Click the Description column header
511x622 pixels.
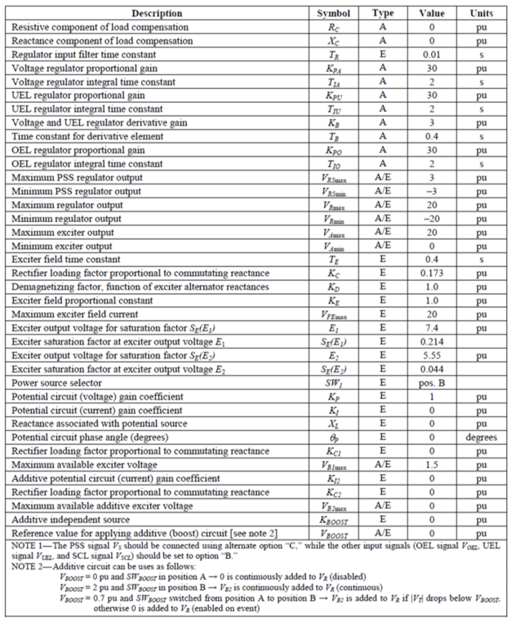[x=157, y=14]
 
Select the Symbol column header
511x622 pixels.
[x=333, y=14]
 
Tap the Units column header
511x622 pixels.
[x=481, y=14]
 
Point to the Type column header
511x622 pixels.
[x=382, y=14]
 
